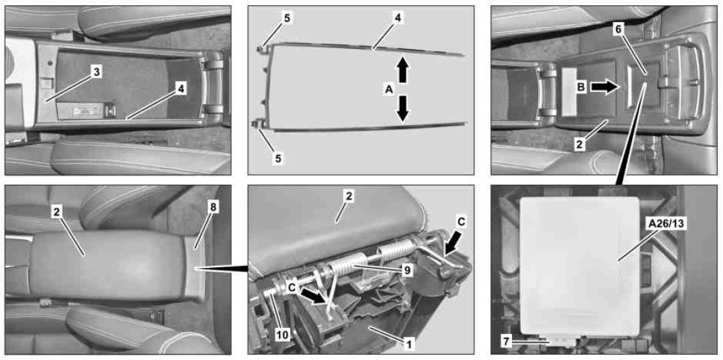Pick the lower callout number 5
(279, 158)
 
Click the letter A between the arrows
(388, 91)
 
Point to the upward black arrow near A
(402, 69)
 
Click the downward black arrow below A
(402, 109)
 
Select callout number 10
(283, 336)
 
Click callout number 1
(409, 343)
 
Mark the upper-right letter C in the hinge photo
(462, 222)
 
